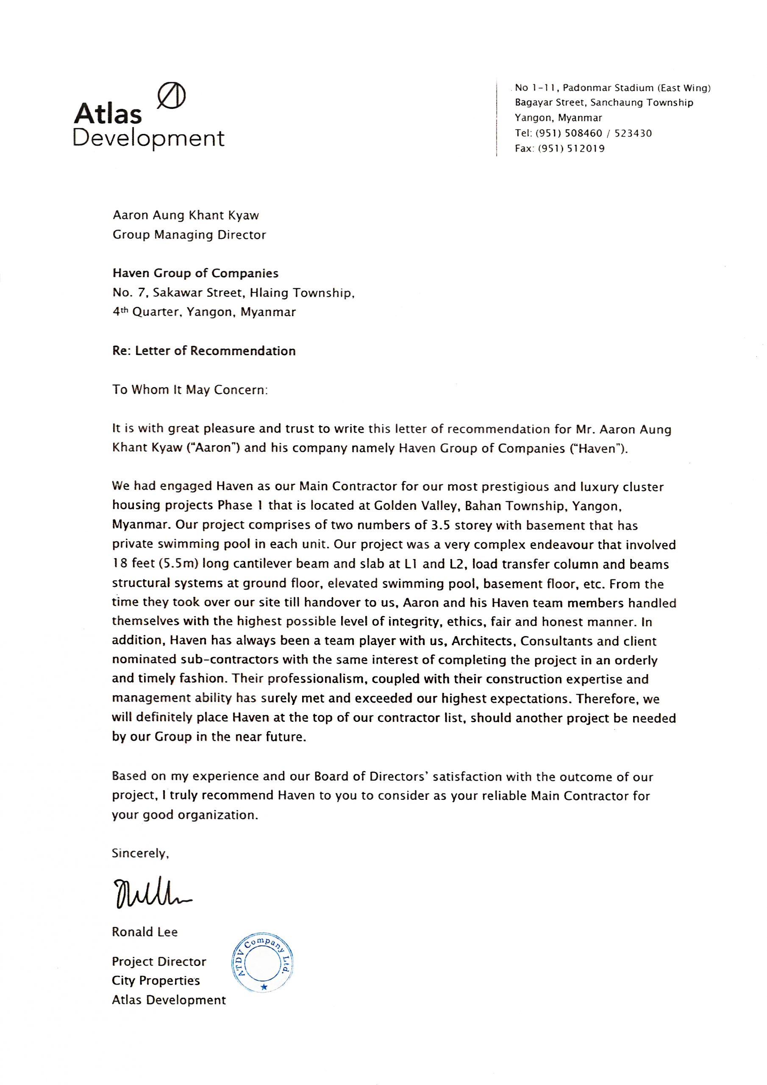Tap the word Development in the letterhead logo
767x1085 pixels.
[x=148, y=138]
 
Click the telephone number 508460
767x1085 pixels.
[x=584, y=133]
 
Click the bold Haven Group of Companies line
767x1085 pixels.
[x=195, y=273]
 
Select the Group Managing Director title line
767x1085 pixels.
[x=189, y=235]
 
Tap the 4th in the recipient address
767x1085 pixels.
[x=120, y=312]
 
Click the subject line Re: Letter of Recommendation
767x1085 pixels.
[x=204, y=351]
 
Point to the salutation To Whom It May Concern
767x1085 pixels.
[x=190, y=389]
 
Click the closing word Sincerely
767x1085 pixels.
[x=140, y=853]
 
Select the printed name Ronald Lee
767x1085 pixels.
[x=145, y=932]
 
